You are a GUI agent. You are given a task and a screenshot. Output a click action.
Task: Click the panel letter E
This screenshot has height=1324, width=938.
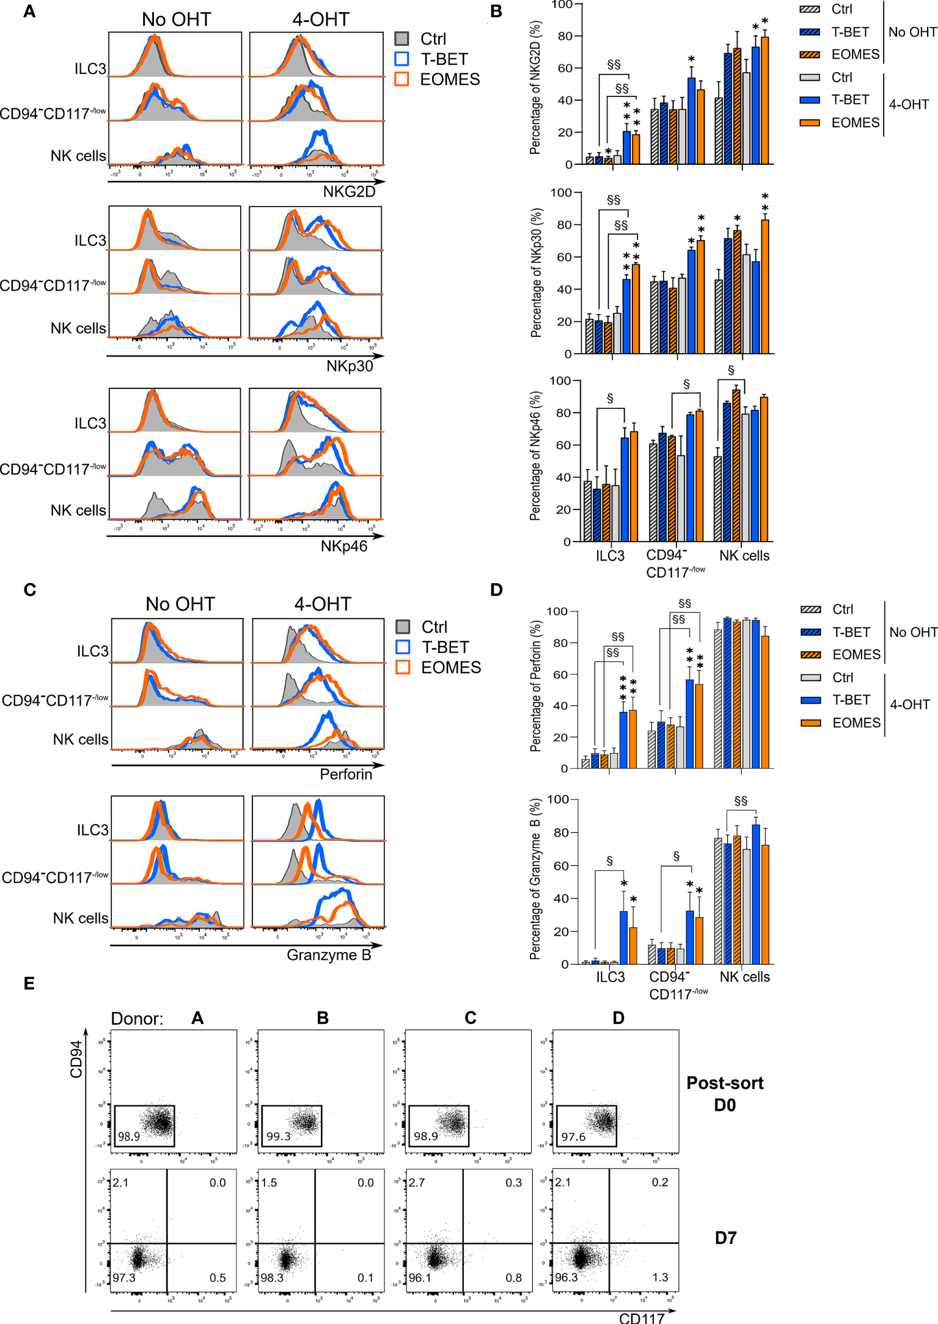point(29,983)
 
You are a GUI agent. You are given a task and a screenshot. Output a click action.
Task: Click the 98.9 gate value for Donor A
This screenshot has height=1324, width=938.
point(129,1137)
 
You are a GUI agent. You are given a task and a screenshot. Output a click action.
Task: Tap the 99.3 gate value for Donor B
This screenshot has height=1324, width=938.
point(278,1137)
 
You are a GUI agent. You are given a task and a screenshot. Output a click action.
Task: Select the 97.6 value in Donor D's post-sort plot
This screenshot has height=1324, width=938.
point(573,1137)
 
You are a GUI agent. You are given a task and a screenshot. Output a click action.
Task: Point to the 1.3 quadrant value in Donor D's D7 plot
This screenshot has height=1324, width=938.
point(660,1277)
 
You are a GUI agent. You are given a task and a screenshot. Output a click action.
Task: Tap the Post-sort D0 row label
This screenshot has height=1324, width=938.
point(725,1094)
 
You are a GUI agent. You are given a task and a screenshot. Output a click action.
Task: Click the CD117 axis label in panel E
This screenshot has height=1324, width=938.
point(641,1318)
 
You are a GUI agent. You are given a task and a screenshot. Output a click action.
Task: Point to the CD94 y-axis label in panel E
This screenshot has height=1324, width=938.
point(76,1060)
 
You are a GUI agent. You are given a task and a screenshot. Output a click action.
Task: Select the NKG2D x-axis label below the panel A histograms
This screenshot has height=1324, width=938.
point(349,192)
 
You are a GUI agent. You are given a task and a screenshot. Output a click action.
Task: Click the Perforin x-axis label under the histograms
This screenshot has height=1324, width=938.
point(346,774)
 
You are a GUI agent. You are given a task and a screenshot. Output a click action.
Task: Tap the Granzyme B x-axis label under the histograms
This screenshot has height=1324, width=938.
point(329,955)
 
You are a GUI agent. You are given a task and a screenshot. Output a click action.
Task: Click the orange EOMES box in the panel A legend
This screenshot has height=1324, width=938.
point(401,79)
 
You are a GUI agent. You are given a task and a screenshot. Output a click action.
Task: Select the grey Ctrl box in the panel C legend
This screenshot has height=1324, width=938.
point(403,627)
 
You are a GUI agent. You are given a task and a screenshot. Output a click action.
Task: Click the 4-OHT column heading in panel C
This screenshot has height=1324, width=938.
point(323,604)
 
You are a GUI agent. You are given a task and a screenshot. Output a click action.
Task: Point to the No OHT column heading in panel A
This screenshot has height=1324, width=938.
point(176,20)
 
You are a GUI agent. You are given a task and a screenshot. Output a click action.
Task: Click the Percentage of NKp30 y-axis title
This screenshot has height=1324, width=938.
point(536,273)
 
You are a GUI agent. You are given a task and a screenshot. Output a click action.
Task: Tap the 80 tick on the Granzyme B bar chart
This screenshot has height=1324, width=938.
point(561,832)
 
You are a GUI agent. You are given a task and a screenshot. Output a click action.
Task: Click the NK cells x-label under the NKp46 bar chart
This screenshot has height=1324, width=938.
point(744,556)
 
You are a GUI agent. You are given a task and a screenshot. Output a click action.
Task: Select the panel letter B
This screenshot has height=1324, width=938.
point(496,11)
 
